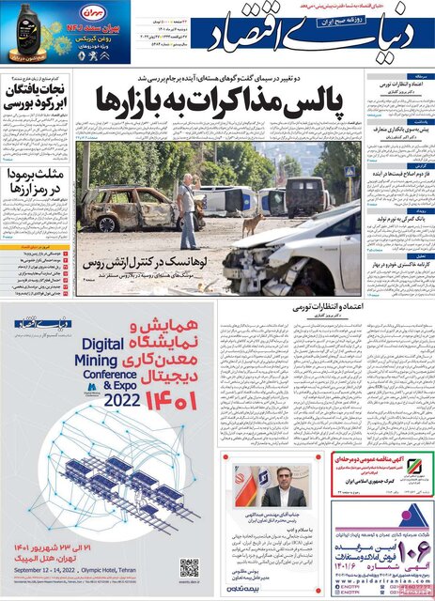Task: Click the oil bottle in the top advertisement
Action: pos(20,31)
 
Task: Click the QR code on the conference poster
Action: pos(190,567)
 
